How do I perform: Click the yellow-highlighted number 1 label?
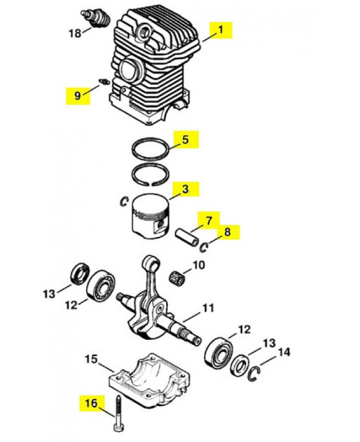click(221, 30)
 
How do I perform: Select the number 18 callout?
click(75, 34)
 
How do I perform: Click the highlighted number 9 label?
click(77, 96)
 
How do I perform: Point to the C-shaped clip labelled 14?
click(255, 374)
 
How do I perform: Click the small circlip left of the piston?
click(124, 203)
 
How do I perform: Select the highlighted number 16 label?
click(91, 403)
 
